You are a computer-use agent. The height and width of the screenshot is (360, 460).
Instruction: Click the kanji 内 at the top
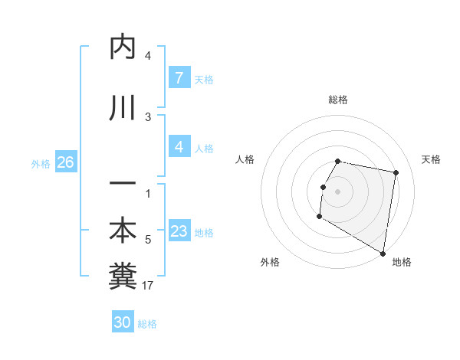(123, 47)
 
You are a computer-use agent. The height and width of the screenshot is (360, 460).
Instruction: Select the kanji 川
(123, 107)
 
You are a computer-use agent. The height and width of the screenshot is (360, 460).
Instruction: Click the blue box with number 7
(179, 77)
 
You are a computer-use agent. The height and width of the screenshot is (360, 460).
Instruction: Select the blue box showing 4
(179, 147)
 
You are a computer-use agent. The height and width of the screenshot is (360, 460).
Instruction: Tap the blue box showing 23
(179, 231)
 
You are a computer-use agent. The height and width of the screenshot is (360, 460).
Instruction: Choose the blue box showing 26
(65, 162)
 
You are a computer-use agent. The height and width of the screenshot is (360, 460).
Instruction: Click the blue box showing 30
(123, 322)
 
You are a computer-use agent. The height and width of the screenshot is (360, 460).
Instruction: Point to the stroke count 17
(149, 286)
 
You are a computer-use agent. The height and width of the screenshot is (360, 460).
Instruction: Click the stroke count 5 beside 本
(148, 241)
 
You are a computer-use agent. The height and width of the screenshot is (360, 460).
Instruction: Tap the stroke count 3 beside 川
(148, 116)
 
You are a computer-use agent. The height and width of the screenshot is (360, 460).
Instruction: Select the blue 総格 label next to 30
(147, 324)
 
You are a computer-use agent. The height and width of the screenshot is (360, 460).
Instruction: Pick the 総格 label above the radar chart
(338, 100)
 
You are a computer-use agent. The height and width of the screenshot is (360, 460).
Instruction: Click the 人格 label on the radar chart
(245, 159)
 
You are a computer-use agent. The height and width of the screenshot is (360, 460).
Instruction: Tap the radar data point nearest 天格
(396, 174)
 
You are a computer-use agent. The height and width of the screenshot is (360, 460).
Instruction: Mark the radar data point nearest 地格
(383, 253)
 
